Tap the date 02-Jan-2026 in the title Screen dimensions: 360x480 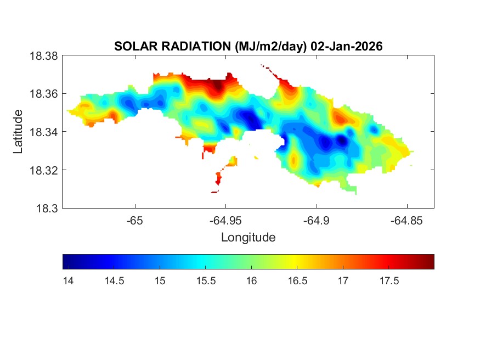pos(346,47)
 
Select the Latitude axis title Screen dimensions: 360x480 pos(18,132)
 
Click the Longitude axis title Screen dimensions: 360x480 pos(248,238)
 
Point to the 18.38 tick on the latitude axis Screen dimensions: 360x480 pos(43,56)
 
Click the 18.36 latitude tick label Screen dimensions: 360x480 pos(43,94)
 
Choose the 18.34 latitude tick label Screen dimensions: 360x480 pos(43,132)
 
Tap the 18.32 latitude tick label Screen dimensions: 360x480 pos(43,170)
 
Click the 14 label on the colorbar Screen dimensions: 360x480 pos(68,281)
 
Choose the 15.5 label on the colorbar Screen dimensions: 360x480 pos(205,281)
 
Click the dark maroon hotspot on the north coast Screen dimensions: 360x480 pos(218,86)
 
